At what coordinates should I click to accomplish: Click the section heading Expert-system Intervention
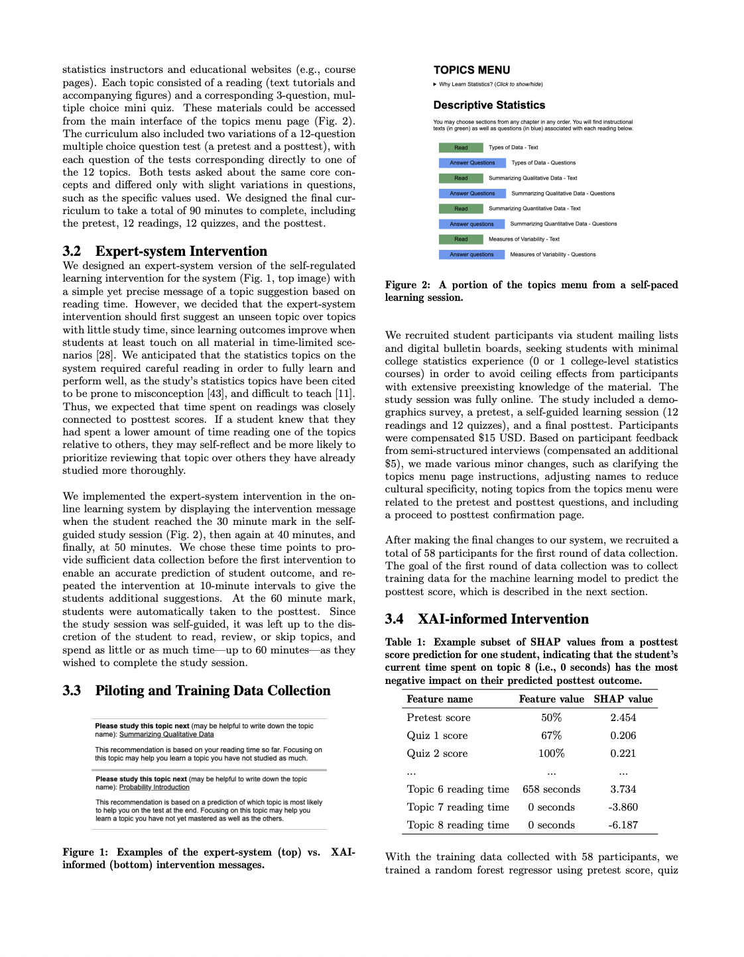pyautogui.click(x=181, y=251)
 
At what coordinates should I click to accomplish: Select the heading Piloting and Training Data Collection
pyautogui.click(x=212, y=691)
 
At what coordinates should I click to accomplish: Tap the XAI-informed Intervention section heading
pyautogui.click(x=503, y=619)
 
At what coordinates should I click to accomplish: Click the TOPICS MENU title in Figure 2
pyautogui.click(x=471, y=70)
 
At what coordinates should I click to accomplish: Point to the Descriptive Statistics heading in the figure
pyautogui.click(x=489, y=105)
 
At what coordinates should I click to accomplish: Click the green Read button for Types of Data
pyautogui.click(x=460, y=148)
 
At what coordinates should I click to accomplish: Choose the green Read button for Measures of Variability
pyautogui.click(x=460, y=239)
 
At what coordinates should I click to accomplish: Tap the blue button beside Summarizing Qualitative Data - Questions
pyautogui.click(x=471, y=194)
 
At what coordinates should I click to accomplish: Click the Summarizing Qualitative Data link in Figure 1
pyautogui.click(x=166, y=734)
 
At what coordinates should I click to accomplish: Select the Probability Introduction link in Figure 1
pyautogui.click(x=154, y=787)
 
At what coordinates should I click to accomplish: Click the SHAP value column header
pyautogui.click(x=623, y=699)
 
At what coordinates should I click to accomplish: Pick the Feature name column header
pyautogui.click(x=440, y=699)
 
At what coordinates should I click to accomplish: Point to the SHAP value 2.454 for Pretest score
pyautogui.click(x=623, y=718)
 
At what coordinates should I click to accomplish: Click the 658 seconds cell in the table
pyautogui.click(x=551, y=789)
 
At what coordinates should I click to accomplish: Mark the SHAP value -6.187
pyautogui.click(x=623, y=825)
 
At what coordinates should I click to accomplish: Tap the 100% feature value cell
pyautogui.click(x=551, y=754)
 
